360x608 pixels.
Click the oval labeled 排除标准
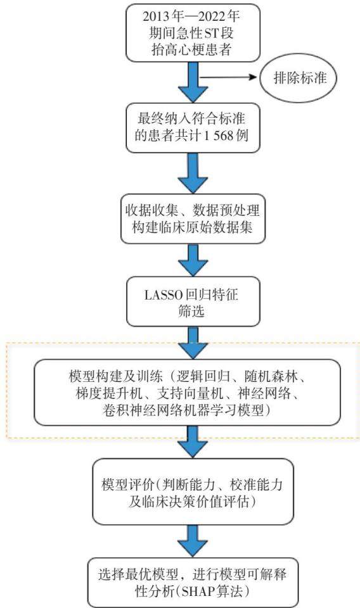(299, 79)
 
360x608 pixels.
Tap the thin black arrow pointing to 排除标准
(229, 77)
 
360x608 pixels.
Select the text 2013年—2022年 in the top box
(191, 16)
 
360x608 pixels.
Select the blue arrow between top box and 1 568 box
(193, 82)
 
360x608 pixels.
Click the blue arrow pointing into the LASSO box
(193, 260)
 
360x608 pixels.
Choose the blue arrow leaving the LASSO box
(193, 343)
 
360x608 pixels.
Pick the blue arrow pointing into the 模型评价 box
(193, 441)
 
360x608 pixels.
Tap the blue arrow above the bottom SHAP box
(193, 541)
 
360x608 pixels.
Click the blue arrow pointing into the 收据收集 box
(193, 174)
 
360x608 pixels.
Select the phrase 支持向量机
(190, 393)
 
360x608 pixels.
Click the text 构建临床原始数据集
(192, 227)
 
